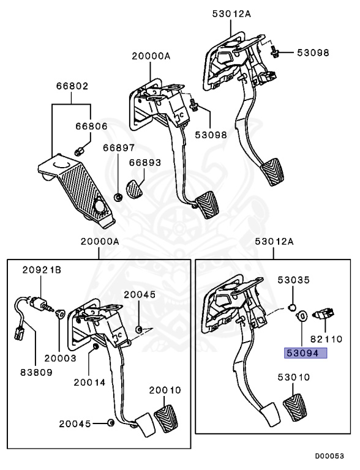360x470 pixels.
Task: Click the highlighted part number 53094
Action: click(304, 352)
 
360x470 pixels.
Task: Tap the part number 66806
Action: click(91, 127)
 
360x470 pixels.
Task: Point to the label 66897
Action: click(118, 149)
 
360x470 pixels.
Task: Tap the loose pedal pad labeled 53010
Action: click(299, 408)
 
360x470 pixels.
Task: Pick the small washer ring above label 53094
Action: click(301, 317)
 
